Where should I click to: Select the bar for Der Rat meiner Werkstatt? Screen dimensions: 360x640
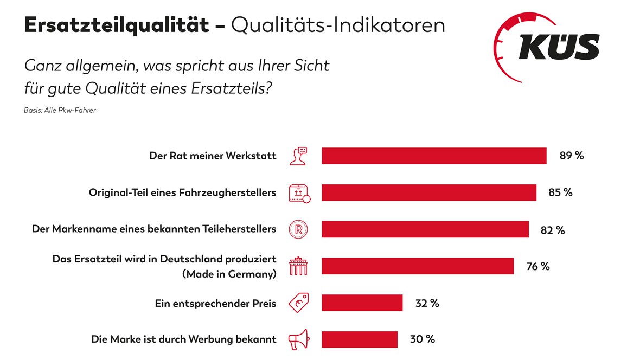tap(434, 156)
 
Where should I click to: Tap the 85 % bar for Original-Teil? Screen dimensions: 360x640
tap(428, 192)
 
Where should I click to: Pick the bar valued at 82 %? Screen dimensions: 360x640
tap(425, 229)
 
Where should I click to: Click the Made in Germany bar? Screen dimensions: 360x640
tap(417, 266)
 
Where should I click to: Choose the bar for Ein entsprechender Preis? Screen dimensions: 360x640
tap(362, 303)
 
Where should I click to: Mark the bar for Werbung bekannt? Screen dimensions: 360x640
tap(359, 339)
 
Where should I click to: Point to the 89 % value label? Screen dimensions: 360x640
tap(572, 156)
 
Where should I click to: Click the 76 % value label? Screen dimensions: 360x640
tap(537, 266)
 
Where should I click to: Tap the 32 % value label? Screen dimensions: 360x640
tap(427, 303)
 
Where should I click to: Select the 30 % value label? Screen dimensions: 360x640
tap(422, 339)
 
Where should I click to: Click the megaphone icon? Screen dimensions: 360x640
tap(298, 339)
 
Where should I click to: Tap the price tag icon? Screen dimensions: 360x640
tap(298, 303)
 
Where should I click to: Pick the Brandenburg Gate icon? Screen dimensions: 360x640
tap(298, 266)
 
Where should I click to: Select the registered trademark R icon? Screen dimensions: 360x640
tap(298, 229)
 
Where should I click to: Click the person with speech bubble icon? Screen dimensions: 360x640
tap(298, 156)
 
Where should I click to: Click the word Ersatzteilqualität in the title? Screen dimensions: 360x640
tap(116, 25)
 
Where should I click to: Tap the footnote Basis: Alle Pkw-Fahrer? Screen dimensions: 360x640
tap(60, 111)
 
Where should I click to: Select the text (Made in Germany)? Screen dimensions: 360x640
tap(229, 274)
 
